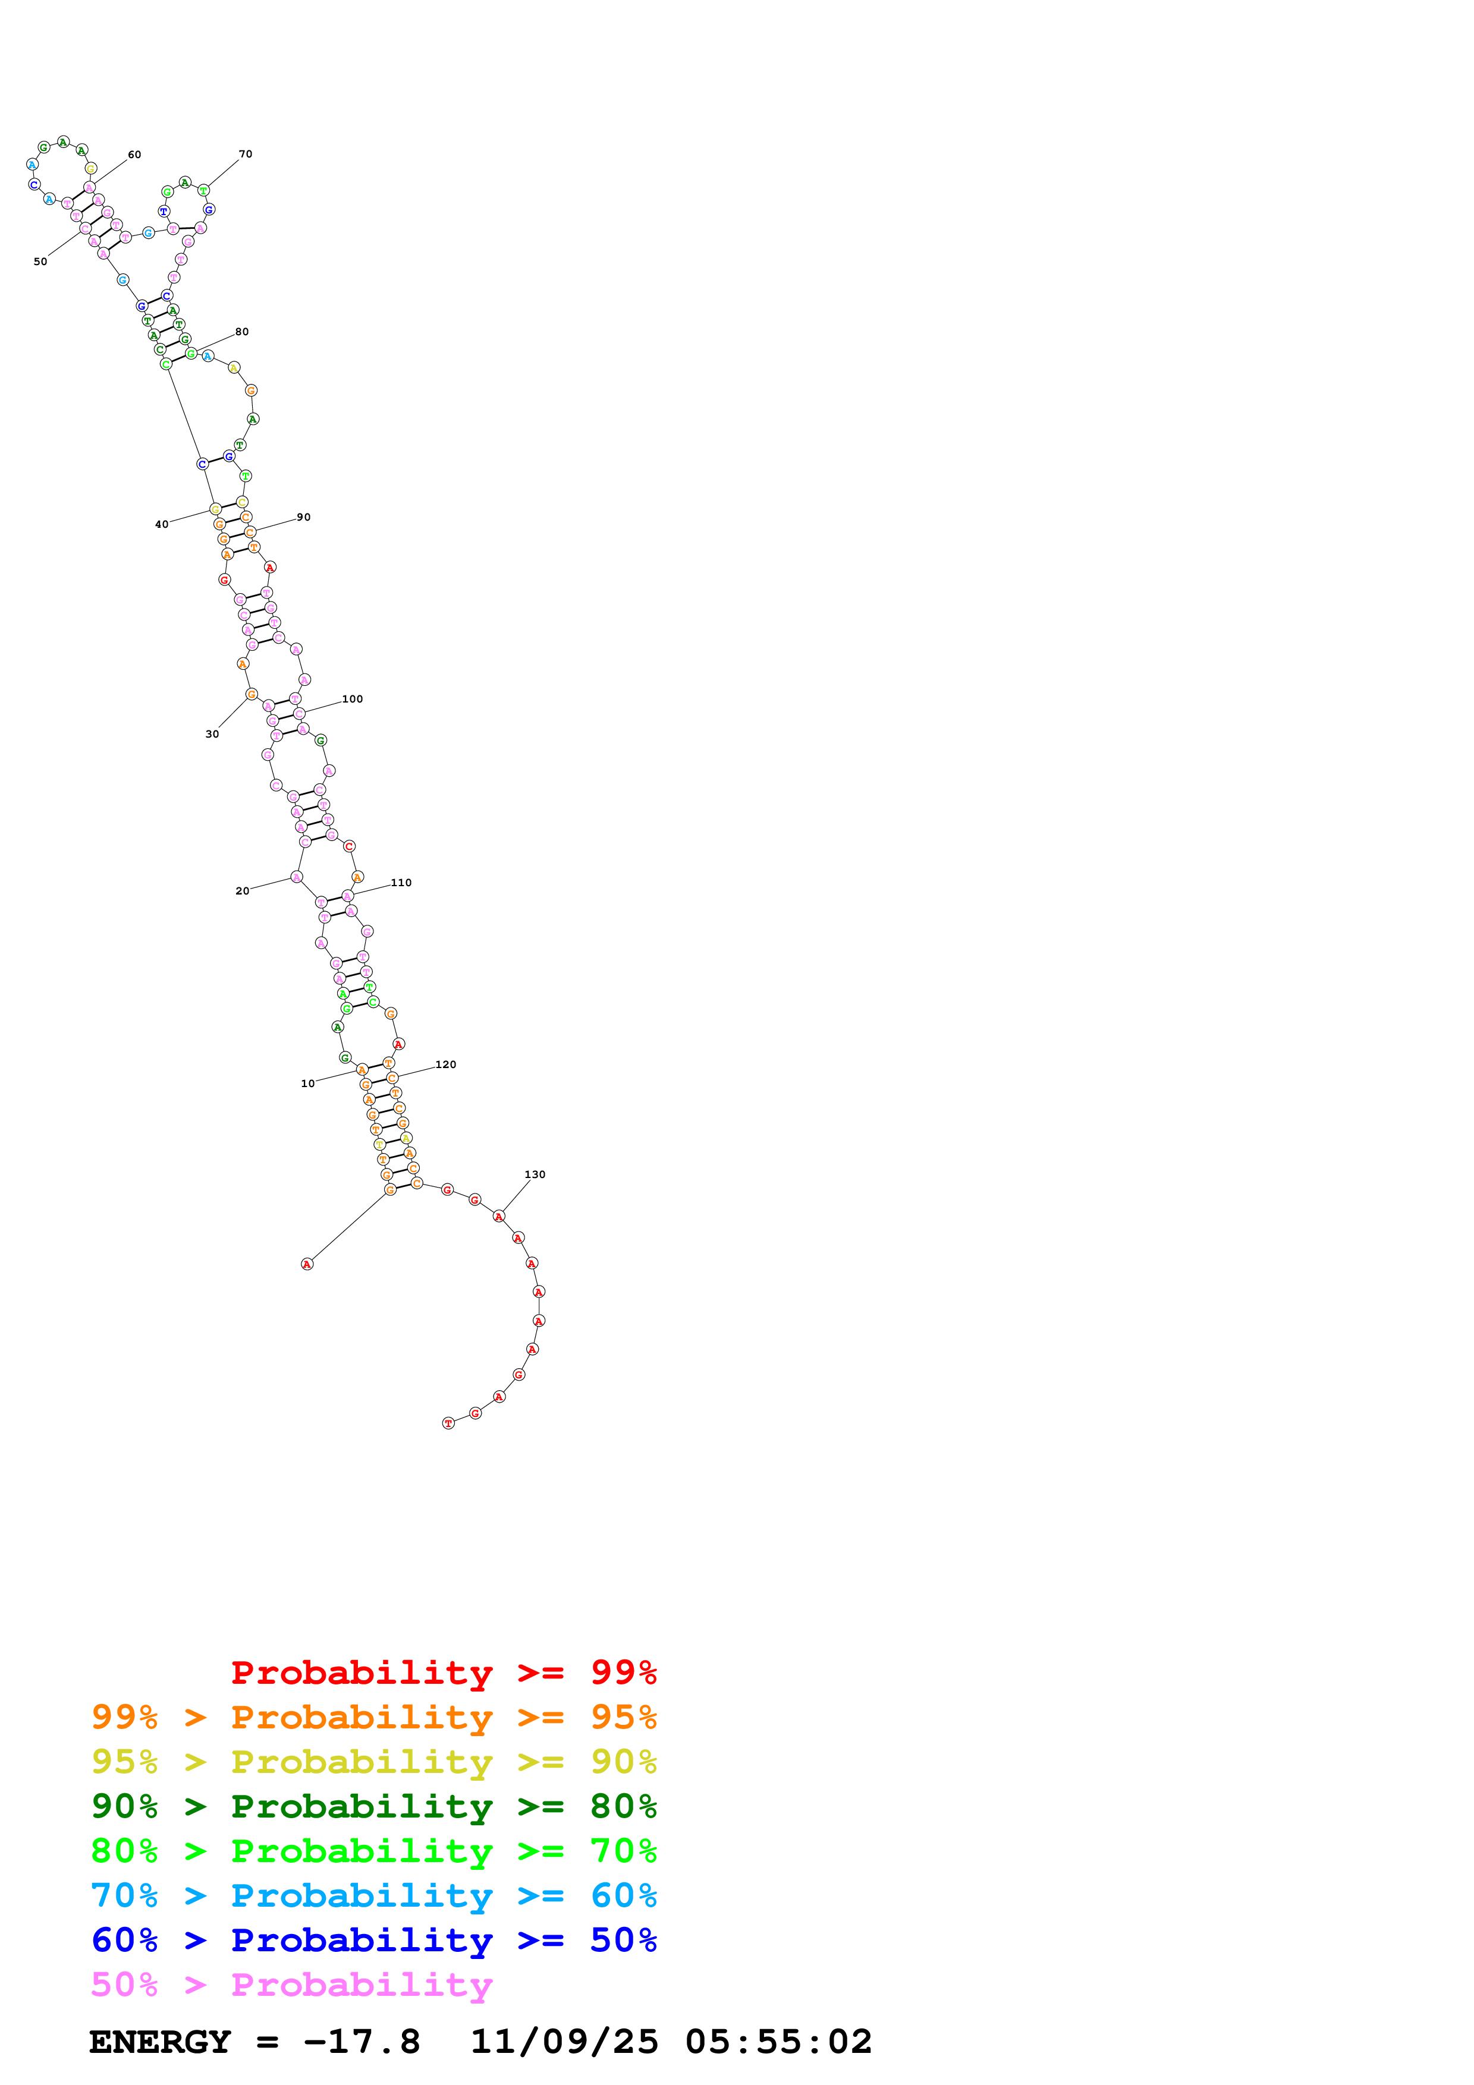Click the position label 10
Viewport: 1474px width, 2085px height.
point(307,1084)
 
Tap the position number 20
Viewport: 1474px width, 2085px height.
point(241,891)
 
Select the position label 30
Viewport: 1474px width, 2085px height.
point(212,734)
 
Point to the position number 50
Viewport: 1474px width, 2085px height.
point(40,262)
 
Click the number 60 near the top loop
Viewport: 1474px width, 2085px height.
point(134,155)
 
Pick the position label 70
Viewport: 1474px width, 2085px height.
point(245,153)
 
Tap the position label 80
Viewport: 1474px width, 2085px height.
point(241,332)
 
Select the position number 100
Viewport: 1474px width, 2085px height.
point(353,699)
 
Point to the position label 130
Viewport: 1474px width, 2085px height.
point(535,1174)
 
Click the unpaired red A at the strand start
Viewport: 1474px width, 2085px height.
point(307,1264)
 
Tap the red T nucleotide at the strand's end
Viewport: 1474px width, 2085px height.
point(448,1423)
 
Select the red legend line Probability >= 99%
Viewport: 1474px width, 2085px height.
point(443,1672)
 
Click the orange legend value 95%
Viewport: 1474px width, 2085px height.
point(623,1716)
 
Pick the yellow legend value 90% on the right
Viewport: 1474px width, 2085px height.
point(623,1761)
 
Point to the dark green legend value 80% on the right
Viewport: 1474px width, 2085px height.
point(623,1806)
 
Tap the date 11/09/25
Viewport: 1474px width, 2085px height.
point(563,2042)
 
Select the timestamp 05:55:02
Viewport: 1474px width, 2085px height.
point(778,2042)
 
